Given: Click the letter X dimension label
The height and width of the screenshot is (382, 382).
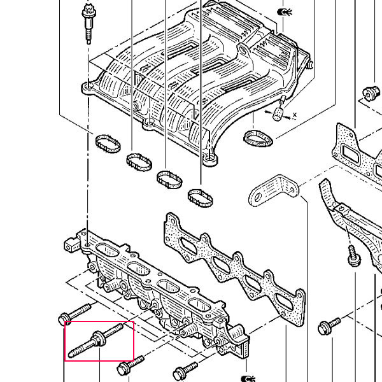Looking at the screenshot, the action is pos(295,115).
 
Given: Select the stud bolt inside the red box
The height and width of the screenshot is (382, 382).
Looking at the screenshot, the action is pos(95,339).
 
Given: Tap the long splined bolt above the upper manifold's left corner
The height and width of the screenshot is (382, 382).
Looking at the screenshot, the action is pos(89,24).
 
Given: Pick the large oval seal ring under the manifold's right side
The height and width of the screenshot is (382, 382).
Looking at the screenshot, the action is pos(258,139).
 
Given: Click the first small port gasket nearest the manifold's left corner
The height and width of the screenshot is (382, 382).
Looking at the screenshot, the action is pos(108,144).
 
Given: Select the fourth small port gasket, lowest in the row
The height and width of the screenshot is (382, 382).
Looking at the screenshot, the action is pos(201,198).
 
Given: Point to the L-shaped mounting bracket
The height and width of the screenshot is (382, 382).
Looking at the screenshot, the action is pos(274,190).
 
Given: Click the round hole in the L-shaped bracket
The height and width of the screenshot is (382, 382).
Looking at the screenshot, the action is pos(258,196).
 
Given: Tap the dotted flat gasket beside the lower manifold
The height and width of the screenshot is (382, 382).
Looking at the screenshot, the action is pos(234,268).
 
